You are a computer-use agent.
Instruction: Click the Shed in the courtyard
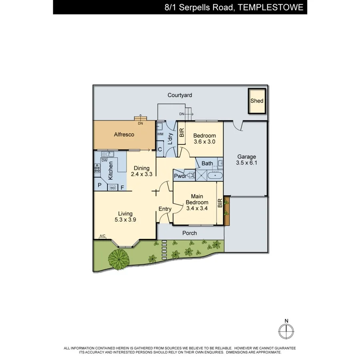(257, 101)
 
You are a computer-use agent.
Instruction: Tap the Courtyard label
(180, 95)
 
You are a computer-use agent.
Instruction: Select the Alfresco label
(124, 135)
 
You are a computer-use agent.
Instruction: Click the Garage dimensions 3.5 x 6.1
(246, 163)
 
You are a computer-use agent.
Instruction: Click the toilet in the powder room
(190, 175)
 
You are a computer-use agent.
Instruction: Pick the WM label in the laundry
(160, 134)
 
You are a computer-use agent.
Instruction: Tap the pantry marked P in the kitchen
(100, 186)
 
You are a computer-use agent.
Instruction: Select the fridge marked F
(122, 187)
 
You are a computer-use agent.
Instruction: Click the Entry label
(165, 209)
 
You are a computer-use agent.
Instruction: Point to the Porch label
(190, 233)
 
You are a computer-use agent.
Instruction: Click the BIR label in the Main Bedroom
(220, 203)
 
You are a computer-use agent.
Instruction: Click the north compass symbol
(286, 330)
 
